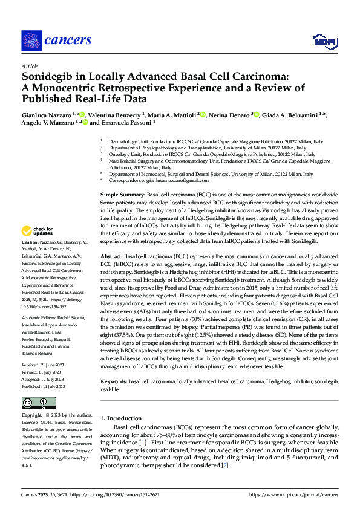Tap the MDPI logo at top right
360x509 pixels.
[325, 41]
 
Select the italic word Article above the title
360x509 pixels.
[30, 66]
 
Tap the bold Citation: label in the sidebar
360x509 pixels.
[31, 258]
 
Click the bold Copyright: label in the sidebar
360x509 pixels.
[32, 416]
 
